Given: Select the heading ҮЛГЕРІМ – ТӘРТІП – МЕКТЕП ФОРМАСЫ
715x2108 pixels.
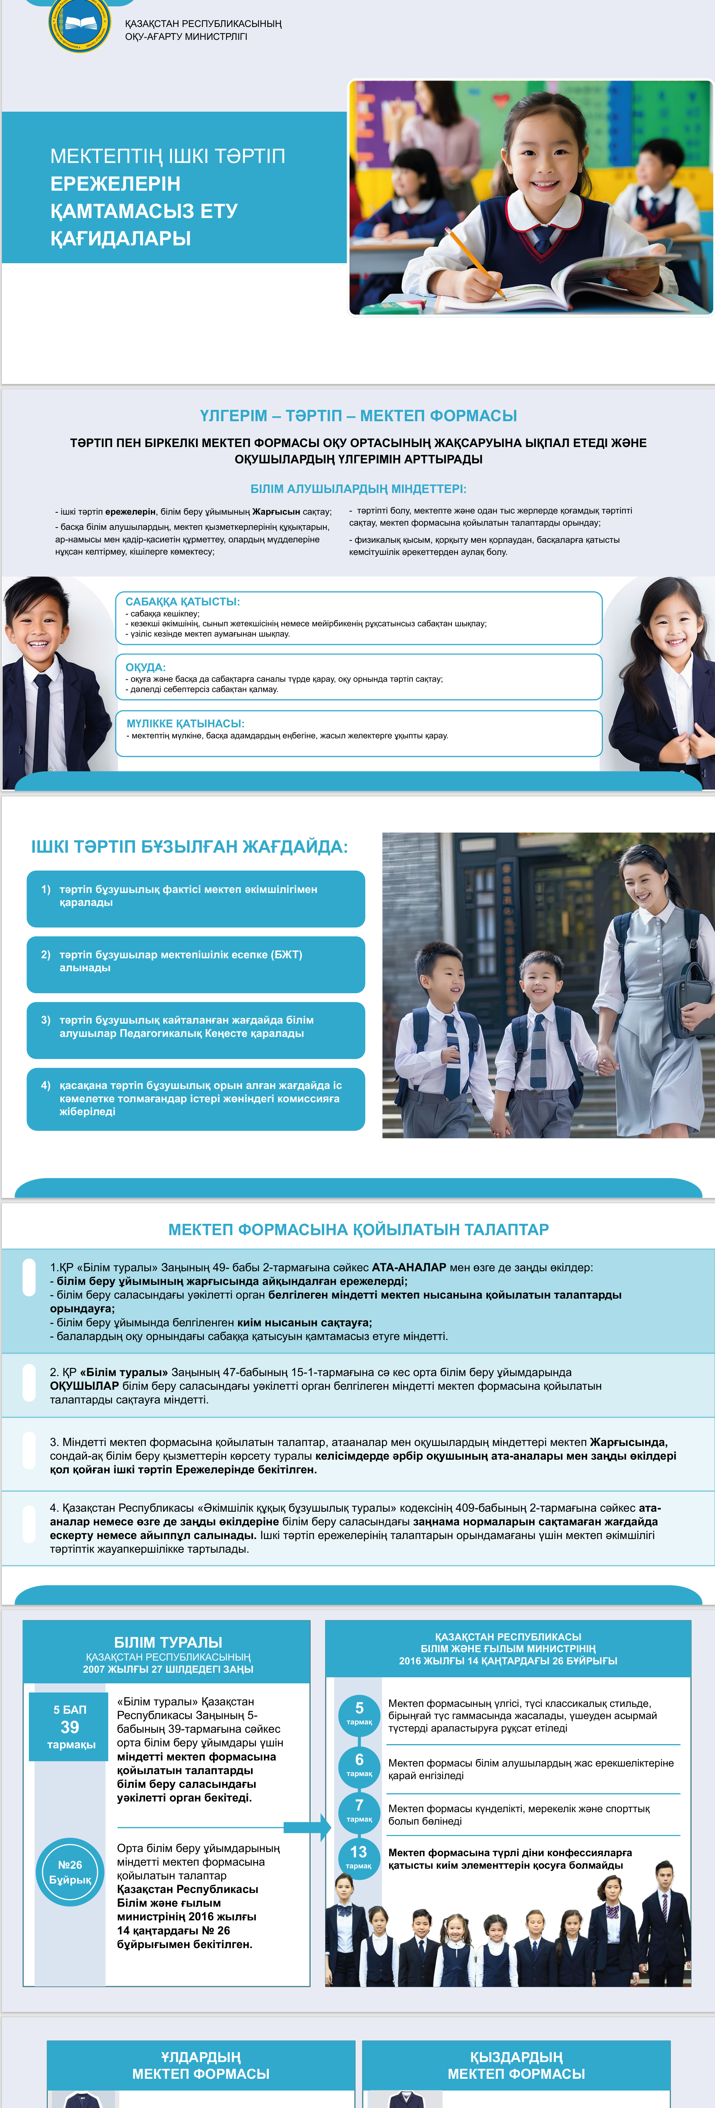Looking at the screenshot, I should (358, 416).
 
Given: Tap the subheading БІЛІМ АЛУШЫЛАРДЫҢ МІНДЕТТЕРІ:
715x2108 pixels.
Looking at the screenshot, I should (358, 488).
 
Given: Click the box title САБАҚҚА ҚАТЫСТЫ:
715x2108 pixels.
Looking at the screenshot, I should (182, 602).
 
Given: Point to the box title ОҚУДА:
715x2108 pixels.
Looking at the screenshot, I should (145, 667).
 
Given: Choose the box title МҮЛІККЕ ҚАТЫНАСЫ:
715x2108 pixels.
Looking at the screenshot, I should (185, 724).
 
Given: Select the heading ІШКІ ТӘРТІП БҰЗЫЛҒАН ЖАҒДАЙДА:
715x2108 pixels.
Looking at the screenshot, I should (189, 846).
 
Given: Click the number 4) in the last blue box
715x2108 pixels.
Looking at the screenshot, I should (46, 1085).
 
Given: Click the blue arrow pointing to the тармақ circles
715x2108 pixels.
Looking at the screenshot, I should (307, 1827).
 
